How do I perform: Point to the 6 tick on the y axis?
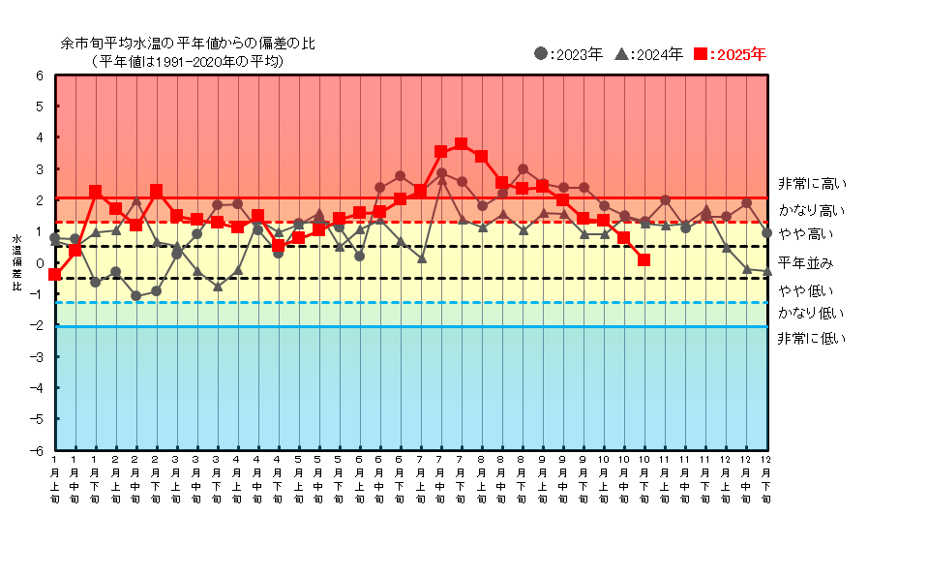(40, 76)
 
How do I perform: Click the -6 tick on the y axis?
(38, 450)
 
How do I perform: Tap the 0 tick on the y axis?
(40, 263)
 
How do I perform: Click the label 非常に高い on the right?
(811, 184)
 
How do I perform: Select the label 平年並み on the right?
(805, 262)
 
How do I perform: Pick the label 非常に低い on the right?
(811, 338)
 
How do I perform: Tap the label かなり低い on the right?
(811, 313)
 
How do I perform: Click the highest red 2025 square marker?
(461, 144)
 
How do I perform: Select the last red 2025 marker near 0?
(644, 259)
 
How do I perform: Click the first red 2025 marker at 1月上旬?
(55, 275)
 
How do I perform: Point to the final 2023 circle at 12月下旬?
(766, 233)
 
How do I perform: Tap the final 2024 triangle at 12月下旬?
(766, 272)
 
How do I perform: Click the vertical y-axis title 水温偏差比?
(16, 262)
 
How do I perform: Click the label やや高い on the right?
(805, 234)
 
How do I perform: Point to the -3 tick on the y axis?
(38, 356)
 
